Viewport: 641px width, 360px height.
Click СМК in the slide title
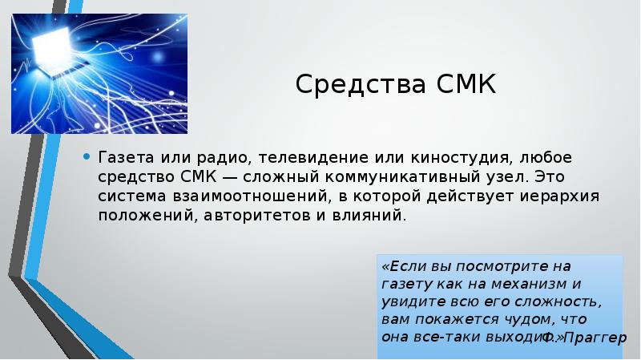[466, 83]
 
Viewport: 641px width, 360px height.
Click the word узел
[458, 176]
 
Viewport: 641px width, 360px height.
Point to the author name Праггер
[595, 338]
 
